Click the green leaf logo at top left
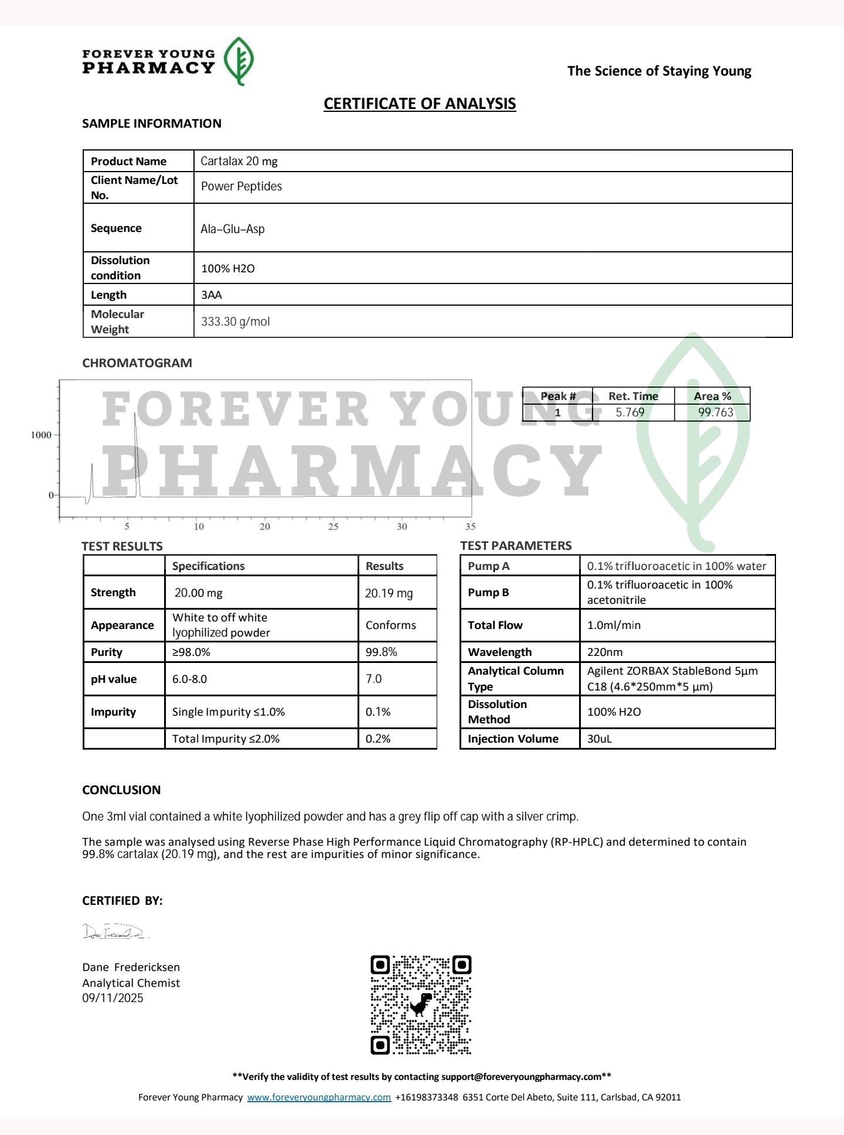(240, 61)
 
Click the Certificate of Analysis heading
(420, 104)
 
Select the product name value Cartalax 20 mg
(239, 161)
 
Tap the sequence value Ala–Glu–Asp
(233, 229)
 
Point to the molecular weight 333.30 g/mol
(236, 322)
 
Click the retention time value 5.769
(630, 412)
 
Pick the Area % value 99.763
(716, 412)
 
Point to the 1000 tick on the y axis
(41, 435)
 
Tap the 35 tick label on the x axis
(470, 527)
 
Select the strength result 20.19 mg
(389, 593)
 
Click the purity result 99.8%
(382, 652)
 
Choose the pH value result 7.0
(374, 679)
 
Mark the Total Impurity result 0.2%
(378, 739)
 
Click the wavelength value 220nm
(605, 652)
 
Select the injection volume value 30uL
(600, 739)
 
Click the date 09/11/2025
(113, 998)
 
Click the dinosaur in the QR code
(421, 1004)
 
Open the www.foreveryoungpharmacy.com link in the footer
(319, 1097)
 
